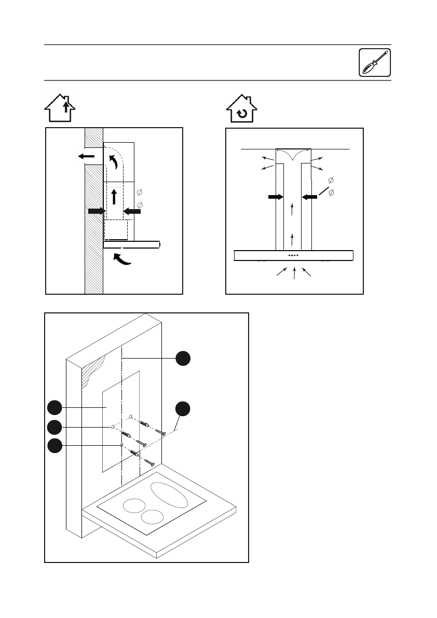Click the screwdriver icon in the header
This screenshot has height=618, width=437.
[375, 63]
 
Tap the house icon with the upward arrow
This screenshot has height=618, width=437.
[60, 107]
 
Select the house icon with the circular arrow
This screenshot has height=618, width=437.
[242, 108]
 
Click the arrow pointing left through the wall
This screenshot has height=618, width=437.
[87, 156]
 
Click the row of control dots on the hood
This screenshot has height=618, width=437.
[294, 256]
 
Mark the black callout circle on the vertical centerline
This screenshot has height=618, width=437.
[183, 358]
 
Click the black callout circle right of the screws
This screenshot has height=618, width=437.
[183, 408]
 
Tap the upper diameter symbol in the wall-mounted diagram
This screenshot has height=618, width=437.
[139, 193]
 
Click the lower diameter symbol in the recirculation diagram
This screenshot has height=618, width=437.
[332, 193]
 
